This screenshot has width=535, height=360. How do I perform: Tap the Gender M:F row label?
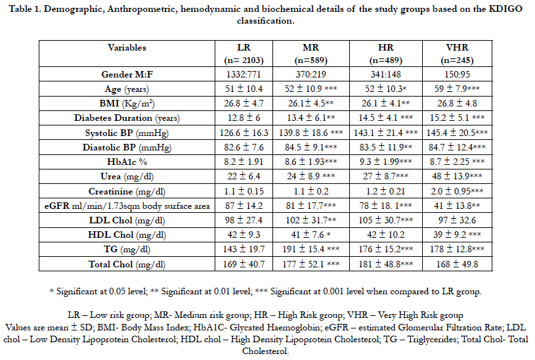127,74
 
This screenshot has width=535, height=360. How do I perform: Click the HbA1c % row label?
127,162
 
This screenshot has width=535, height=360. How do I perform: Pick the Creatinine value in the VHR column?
457,191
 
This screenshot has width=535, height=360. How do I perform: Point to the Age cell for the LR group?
244,89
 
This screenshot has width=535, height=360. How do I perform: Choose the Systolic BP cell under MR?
311,133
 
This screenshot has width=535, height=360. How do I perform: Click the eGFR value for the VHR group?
457,206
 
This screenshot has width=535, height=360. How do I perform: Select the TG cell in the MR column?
311,249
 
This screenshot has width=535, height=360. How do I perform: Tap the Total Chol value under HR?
385,264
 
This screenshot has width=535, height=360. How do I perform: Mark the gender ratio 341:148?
385,74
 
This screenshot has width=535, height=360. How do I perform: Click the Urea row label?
127,176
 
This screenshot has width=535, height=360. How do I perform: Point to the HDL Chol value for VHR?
457,235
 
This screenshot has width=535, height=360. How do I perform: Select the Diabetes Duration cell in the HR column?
385,118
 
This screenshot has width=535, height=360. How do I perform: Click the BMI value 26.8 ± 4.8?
457,103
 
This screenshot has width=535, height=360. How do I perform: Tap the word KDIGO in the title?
505,9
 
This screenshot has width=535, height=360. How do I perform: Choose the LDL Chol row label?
127,220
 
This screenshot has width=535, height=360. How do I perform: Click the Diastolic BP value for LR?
244,147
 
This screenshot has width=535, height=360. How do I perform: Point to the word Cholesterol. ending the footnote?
265,351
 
